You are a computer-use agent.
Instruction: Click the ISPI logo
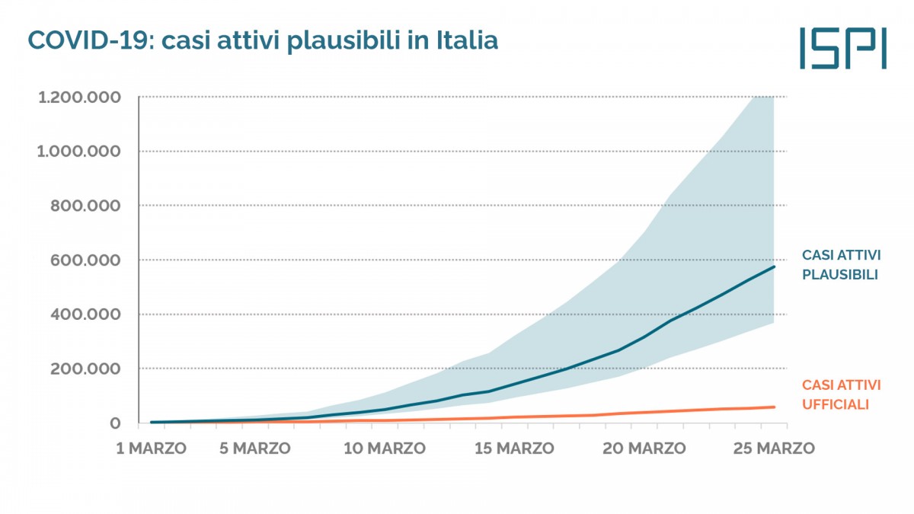(842, 47)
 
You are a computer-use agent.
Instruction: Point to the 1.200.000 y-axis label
(78, 97)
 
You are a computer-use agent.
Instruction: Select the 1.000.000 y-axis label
(78, 152)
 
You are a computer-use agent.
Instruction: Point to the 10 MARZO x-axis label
(385, 449)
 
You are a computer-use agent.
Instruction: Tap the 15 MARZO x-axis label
(515, 449)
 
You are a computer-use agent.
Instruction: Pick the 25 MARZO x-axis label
(774, 449)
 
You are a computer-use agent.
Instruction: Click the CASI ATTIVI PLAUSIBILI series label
(841, 265)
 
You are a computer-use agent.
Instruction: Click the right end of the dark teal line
(774, 267)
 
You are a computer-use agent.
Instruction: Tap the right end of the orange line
(774, 407)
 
